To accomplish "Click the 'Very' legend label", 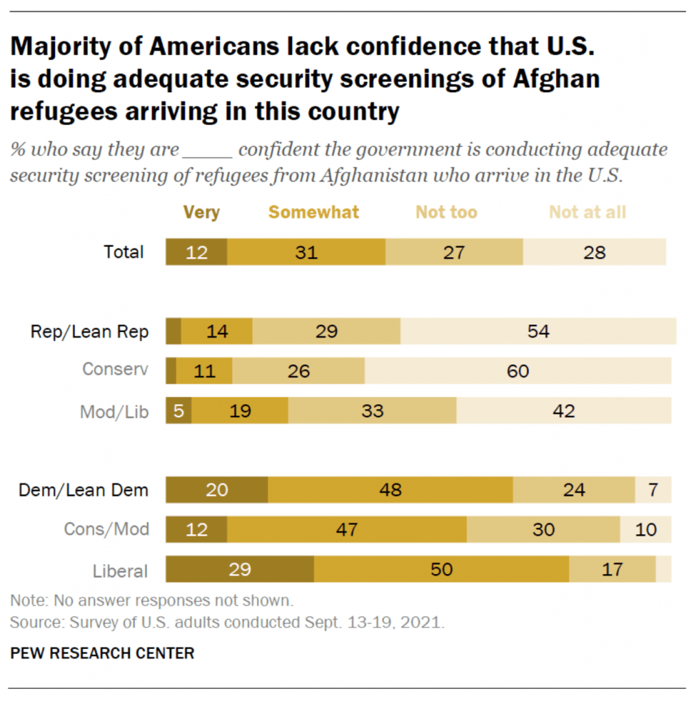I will [x=201, y=212].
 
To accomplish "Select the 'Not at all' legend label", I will [x=587, y=212].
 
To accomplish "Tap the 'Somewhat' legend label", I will [x=313, y=212].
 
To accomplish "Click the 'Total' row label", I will [x=124, y=252].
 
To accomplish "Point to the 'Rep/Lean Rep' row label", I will [x=89, y=331].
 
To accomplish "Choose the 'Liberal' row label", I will [x=120, y=571].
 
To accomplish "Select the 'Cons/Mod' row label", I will [x=106, y=530].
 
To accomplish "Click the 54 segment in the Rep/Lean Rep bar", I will [x=538, y=331].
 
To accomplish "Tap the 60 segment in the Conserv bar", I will [x=517, y=371].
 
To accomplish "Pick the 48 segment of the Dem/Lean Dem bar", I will [x=390, y=490].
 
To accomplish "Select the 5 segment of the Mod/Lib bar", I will [x=178, y=411].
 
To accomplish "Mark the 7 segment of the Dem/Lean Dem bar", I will [x=653, y=490].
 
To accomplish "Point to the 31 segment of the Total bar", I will [x=306, y=252].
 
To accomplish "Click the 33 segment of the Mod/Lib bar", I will [x=372, y=411].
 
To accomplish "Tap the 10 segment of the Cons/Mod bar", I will [x=646, y=530].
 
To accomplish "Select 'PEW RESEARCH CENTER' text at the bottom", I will [x=102, y=653].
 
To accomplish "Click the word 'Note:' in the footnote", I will [x=30, y=599].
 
